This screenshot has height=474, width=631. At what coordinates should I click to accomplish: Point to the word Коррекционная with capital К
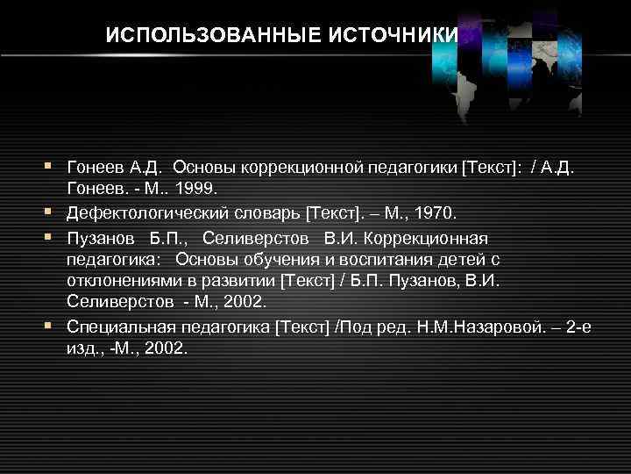point(432,238)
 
